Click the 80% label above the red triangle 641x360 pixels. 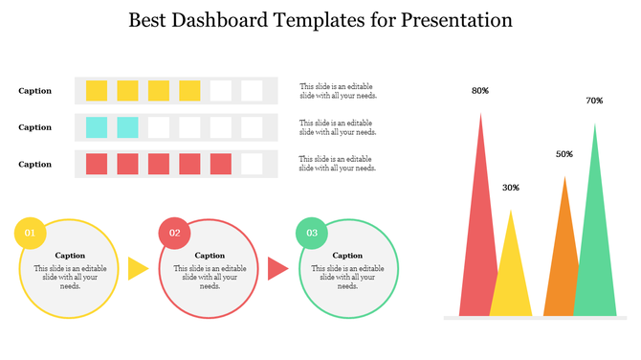(x=480, y=91)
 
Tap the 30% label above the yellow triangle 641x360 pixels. (x=511, y=188)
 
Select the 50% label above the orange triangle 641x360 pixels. (x=564, y=154)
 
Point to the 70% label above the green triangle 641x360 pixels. (x=594, y=101)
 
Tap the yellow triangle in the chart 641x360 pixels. (x=511, y=278)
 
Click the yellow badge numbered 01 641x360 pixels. (x=30, y=234)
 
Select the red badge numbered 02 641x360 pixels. (x=174, y=233)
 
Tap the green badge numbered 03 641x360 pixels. (x=313, y=233)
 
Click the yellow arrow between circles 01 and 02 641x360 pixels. (x=138, y=269)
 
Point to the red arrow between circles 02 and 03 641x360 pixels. (x=277, y=269)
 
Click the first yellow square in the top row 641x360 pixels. (x=97, y=91)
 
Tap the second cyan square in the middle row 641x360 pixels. (x=127, y=127)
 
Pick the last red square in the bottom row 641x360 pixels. (x=221, y=164)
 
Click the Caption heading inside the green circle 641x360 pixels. (x=347, y=256)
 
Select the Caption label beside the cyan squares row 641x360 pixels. (x=35, y=127)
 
